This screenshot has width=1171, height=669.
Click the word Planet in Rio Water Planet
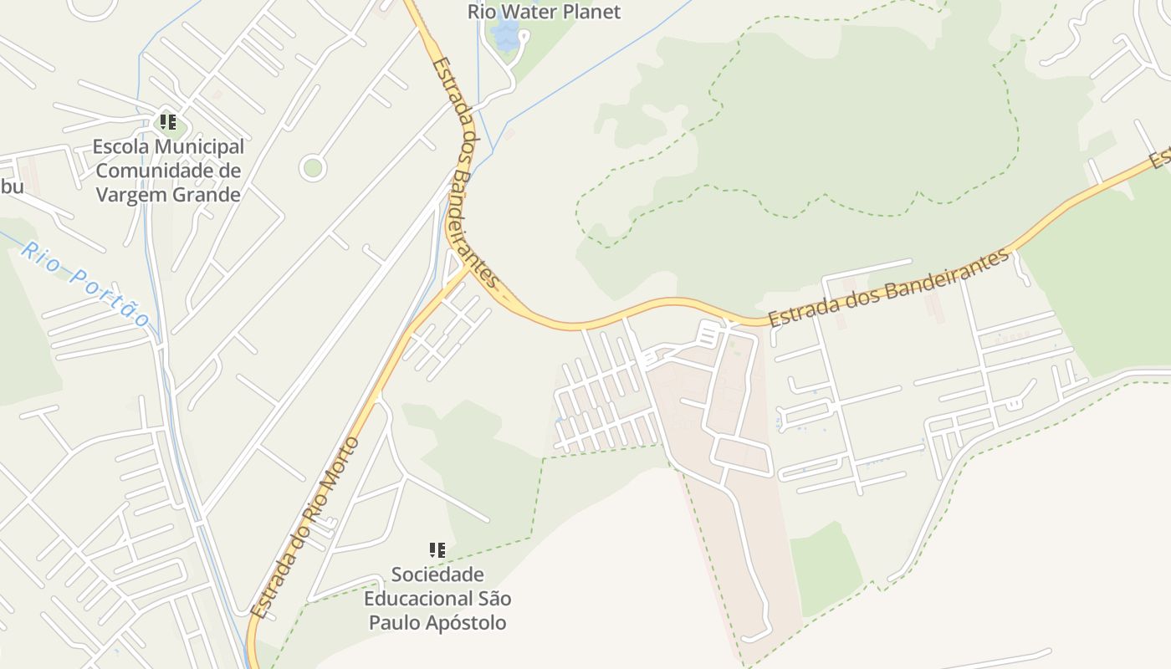pos(590,12)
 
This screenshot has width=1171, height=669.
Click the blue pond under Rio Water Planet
pos(506,35)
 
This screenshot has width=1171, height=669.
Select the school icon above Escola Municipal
pos(168,123)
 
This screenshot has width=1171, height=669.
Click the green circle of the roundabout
pos(313,168)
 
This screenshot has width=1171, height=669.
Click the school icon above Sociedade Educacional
pos(437,549)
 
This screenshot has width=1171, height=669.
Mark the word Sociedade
pos(437,575)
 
